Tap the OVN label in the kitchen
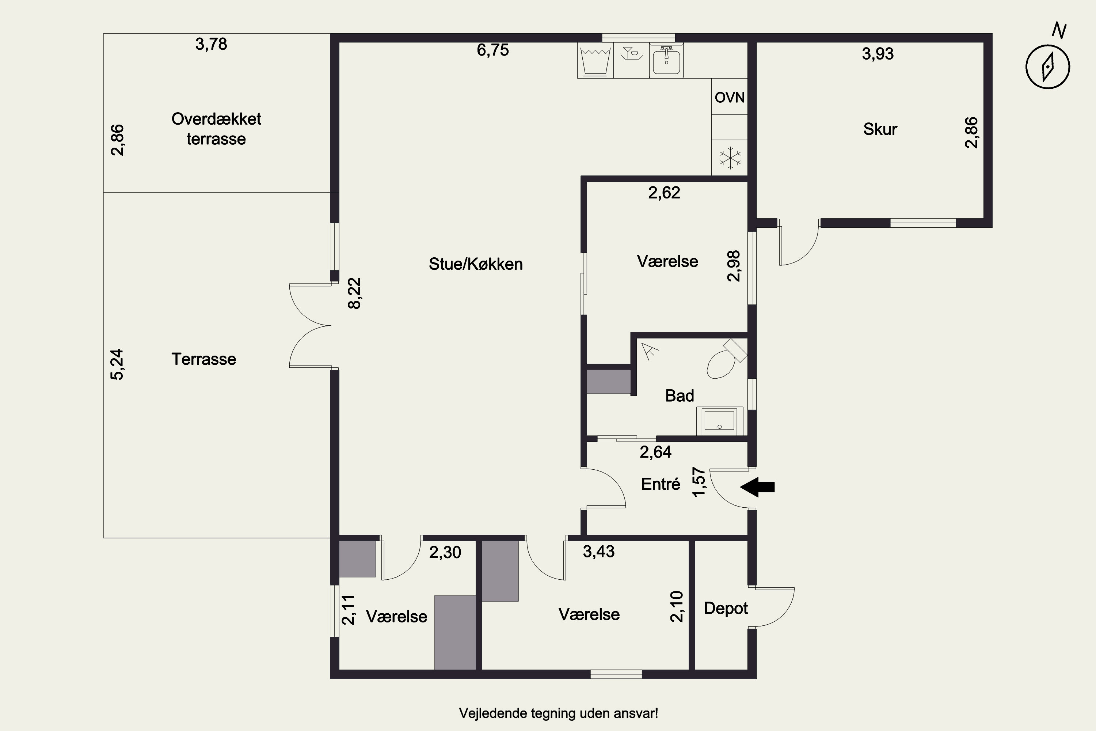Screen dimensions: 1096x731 730,98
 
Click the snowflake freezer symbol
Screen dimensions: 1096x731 730,158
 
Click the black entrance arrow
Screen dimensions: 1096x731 757,487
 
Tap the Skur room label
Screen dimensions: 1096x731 880,129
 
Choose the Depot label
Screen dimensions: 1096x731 726,609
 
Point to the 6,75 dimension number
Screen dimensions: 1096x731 492,50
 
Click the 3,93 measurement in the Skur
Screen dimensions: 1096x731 878,54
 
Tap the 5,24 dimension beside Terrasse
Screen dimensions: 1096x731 117,364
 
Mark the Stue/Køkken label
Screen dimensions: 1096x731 476,264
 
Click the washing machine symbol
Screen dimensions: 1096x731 595,61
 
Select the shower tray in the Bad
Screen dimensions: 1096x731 719,421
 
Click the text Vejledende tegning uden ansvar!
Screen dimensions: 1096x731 558,713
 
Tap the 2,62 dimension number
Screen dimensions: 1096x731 664,193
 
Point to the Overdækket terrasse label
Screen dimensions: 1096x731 216,129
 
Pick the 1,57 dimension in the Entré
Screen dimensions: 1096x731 699,482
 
